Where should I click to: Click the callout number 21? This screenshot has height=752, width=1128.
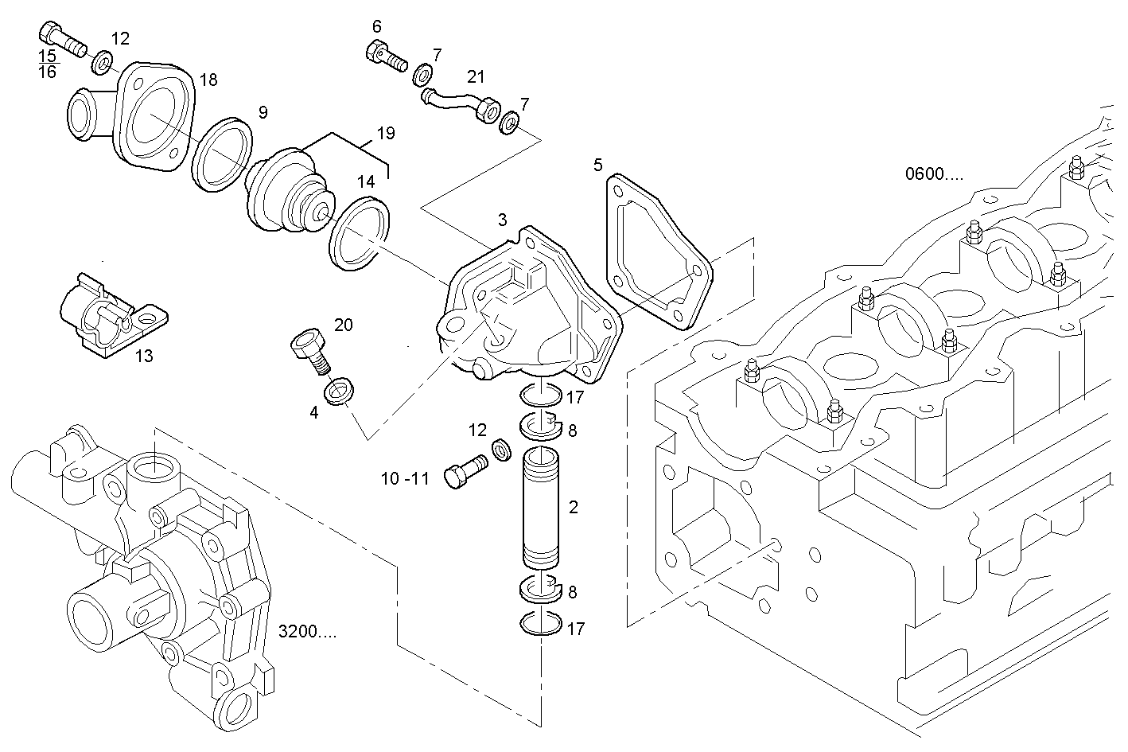point(476,76)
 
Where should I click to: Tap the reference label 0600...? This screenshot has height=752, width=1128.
point(933,174)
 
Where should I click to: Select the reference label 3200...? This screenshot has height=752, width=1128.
point(307,632)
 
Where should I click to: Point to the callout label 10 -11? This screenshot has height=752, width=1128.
point(405,478)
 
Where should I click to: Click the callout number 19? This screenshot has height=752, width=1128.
point(386,133)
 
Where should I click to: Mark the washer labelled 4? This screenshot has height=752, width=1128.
point(340,392)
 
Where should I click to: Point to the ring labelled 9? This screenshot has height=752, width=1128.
point(222,155)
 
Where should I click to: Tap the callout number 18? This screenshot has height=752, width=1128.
point(208,80)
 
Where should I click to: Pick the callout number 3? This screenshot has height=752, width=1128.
point(502,219)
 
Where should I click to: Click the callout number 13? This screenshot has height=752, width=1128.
point(144,356)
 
